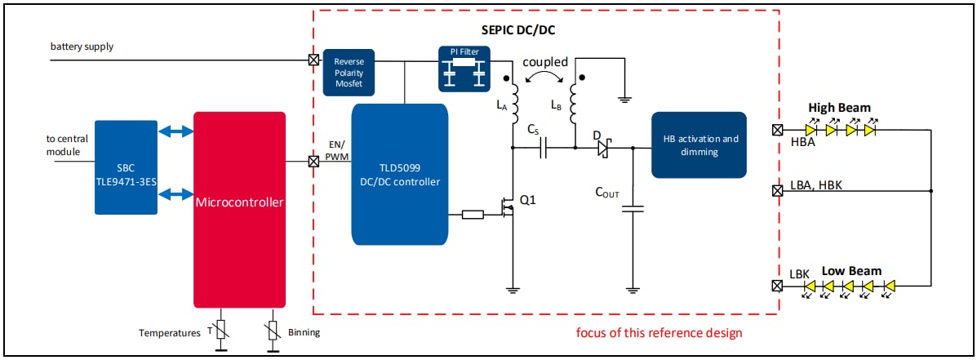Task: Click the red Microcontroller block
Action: coord(239,209)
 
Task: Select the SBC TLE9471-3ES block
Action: coord(126,167)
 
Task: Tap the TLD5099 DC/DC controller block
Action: coord(399,174)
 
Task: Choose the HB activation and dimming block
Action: coord(699,144)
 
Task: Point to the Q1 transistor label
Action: coord(529,200)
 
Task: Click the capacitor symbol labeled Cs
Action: coord(545,148)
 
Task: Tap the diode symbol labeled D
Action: coord(604,148)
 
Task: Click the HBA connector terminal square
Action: coord(778,130)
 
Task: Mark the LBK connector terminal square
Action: coord(778,286)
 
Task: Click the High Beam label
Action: coord(839,108)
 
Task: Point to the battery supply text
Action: coord(82,47)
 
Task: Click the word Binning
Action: coord(304,333)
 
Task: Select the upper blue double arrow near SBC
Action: coord(175,131)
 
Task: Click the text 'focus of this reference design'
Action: coord(659,333)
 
